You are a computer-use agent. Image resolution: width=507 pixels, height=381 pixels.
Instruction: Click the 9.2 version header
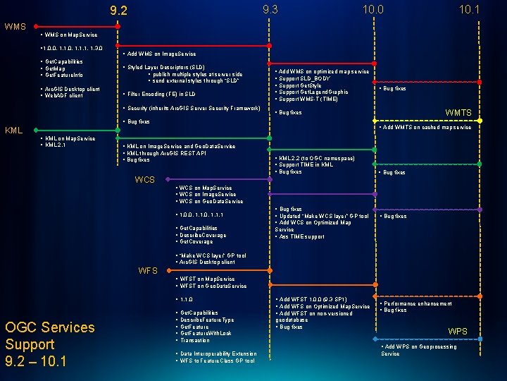[x=119, y=11]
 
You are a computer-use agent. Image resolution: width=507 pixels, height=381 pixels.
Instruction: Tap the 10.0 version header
[x=373, y=9]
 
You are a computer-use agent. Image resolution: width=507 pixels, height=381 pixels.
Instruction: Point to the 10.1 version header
[x=469, y=9]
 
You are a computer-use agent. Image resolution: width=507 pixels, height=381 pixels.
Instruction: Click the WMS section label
[x=15, y=26]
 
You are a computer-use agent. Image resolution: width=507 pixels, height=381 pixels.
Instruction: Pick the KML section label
[x=15, y=131]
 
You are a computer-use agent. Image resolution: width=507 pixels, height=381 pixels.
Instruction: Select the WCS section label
[x=145, y=180]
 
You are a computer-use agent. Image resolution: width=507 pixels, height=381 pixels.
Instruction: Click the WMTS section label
[x=458, y=113]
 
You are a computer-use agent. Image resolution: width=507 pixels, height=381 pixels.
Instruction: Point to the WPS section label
[x=458, y=331]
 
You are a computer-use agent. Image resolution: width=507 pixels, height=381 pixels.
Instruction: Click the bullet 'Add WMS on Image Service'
[x=161, y=54]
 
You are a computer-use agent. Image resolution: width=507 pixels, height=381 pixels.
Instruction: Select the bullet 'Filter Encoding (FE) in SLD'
[x=161, y=94]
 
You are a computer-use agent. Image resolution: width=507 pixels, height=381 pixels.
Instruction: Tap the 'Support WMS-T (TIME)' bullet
[x=311, y=99]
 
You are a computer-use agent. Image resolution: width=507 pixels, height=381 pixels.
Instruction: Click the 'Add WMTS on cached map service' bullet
[x=427, y=128]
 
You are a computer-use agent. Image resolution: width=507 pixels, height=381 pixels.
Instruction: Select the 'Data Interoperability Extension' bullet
[x=218, y=353]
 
